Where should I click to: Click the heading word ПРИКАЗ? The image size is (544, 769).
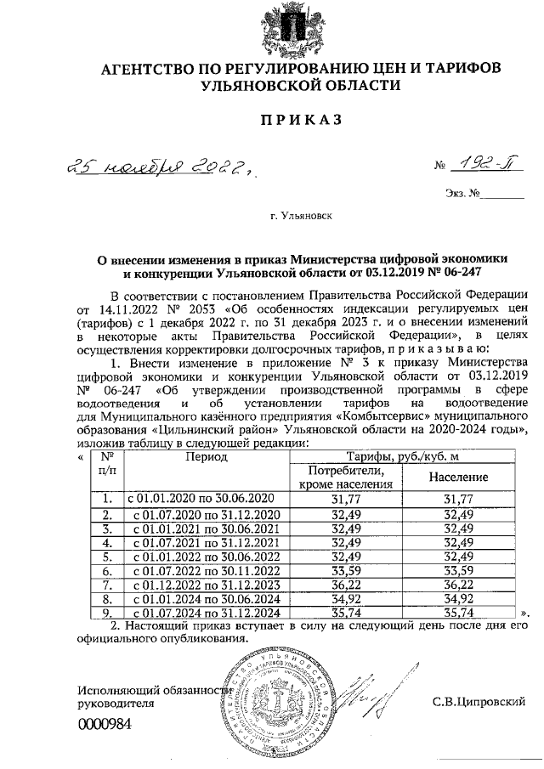coord(301,120)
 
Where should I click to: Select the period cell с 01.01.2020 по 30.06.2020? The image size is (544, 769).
coord(201,499)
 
